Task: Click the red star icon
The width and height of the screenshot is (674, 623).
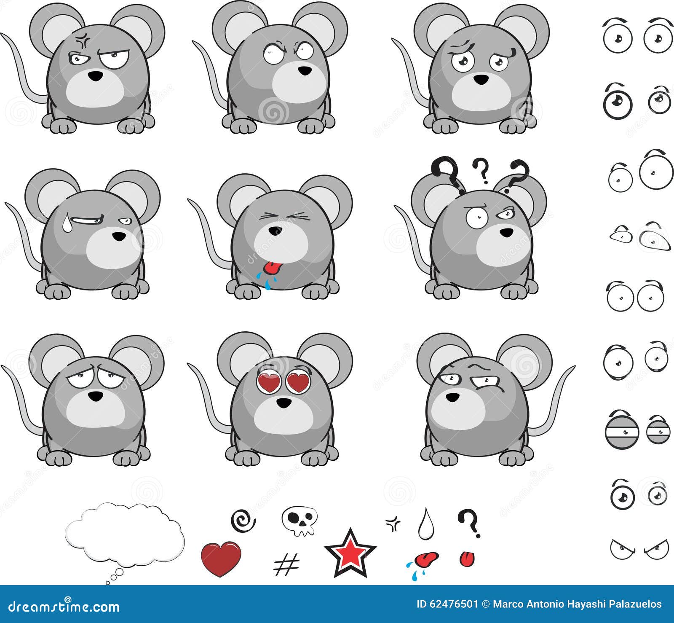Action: (350, 553)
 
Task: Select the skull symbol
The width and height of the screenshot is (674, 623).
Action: (299, 520)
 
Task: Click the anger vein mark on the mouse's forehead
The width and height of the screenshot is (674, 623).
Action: (80, 42)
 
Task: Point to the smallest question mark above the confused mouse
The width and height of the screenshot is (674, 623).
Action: (480, 169)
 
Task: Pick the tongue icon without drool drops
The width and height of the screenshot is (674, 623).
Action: (467, 559)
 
